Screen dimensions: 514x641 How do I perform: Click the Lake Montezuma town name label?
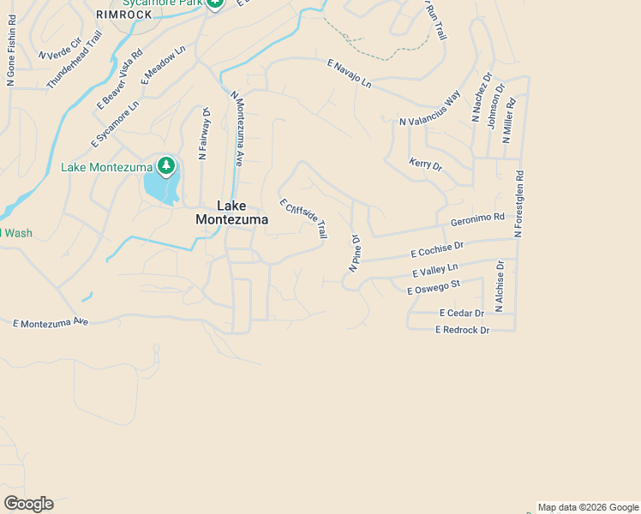[x=231, y=212]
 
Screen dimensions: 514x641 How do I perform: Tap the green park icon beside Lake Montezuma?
[x=165, y=165]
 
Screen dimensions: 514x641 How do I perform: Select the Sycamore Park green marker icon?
[x=214, y=3]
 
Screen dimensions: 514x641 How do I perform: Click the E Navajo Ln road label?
[x=349, y=73]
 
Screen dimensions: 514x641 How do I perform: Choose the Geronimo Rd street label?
[x=477, y=218]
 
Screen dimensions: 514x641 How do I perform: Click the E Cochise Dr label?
[x=437, y=249]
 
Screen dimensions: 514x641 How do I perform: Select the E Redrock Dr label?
[x=462, y=330]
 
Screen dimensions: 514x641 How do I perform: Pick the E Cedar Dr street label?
[x=461, y=314]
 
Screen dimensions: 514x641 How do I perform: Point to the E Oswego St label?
[x=434, y=287]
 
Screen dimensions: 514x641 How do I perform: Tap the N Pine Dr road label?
[x=354, y=254]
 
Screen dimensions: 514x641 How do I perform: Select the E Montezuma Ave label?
[x=51, y=322]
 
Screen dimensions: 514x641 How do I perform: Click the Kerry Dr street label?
[x=425, y=164]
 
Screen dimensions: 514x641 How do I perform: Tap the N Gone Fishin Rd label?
[x=11, y=61]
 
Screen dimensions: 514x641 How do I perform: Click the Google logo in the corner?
[x=28, y=504]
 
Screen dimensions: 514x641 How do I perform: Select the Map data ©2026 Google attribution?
[x=588, y=507]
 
